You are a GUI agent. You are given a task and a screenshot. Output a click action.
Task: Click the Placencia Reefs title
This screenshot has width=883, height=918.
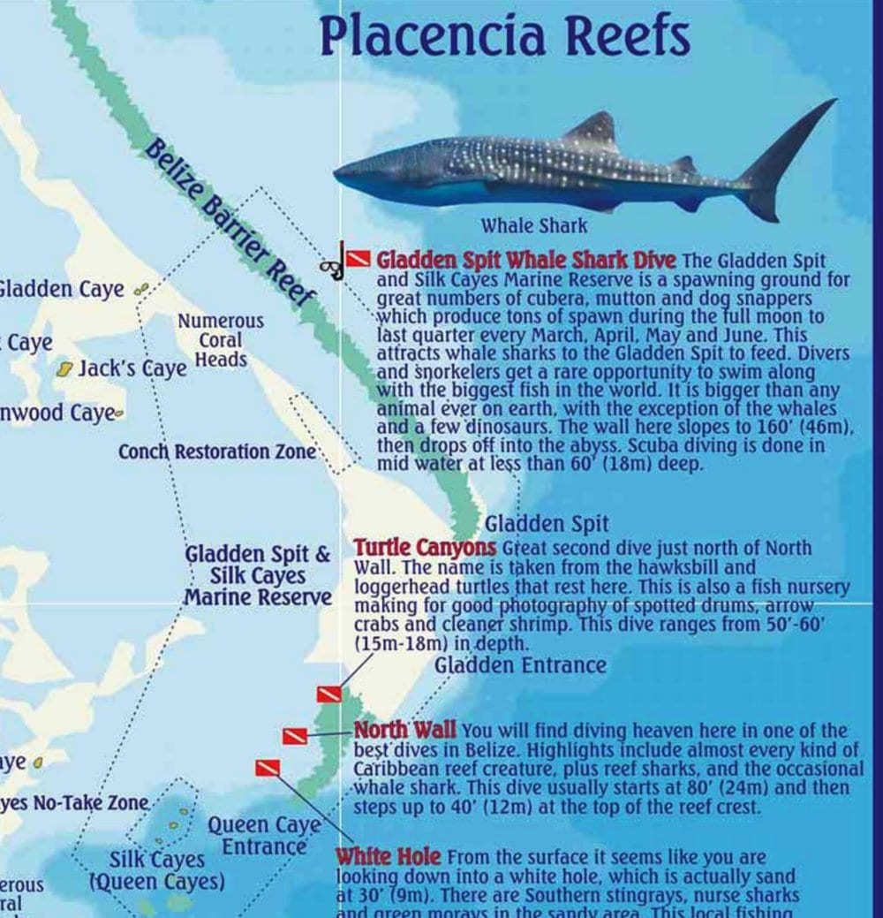504,35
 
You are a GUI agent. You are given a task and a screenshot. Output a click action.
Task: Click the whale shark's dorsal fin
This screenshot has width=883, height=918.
593,129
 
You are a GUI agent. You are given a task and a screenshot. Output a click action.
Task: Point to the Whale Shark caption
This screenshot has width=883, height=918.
533,225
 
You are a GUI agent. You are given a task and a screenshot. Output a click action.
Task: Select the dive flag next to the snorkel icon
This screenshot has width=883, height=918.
357,258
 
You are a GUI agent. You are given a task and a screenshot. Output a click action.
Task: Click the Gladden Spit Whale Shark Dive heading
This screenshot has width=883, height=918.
526,261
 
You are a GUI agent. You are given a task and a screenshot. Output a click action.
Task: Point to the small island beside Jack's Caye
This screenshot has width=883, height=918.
64,370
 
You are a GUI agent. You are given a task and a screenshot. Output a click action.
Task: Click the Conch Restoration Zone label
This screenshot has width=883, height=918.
217,451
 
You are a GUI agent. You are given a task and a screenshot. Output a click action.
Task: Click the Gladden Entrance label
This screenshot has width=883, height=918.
520,664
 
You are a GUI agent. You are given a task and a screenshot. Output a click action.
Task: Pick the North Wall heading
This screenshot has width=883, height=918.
405,730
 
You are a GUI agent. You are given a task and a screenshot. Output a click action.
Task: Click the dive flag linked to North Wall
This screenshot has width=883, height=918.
295,735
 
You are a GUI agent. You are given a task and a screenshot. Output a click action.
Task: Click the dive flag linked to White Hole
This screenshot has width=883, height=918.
268,768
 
